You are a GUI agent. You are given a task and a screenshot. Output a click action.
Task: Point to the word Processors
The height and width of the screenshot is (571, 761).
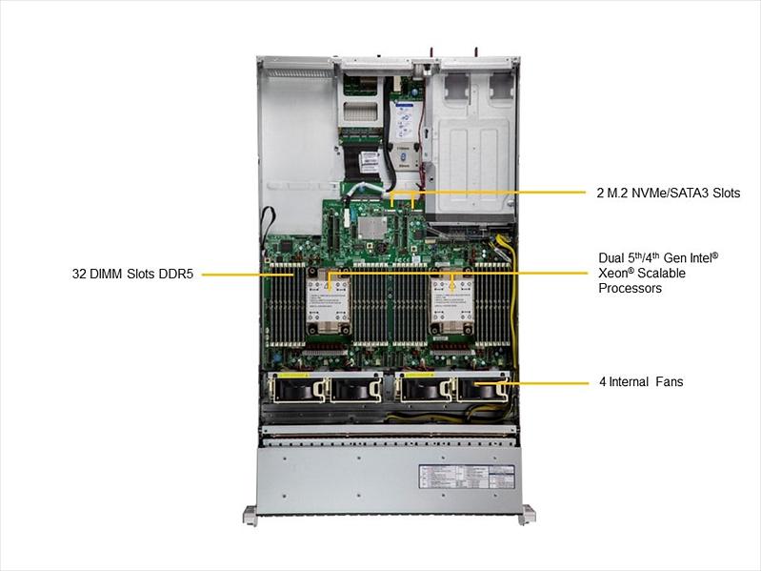click(x=630, y=288)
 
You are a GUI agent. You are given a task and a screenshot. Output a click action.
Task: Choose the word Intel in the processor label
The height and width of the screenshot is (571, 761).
click(x=697, y=257)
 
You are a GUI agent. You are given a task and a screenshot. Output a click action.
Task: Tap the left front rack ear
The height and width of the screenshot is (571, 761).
click(x=250, y=515)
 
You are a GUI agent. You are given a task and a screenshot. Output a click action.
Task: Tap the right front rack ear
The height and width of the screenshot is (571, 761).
click(x=526, y=515)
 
